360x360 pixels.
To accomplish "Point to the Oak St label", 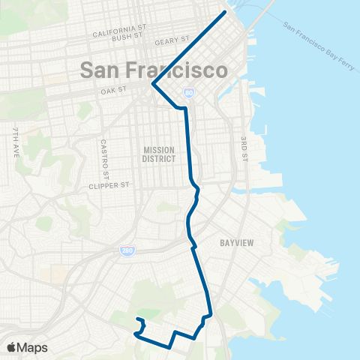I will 112,92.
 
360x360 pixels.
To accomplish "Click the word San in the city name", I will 102,71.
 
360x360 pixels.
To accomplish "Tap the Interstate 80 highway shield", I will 189,94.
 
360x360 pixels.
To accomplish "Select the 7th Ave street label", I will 15,139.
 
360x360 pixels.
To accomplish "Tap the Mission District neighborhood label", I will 159,154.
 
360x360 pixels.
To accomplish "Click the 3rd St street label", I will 244,148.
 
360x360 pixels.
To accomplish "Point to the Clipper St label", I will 109,185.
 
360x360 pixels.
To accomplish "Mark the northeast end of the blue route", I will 224,13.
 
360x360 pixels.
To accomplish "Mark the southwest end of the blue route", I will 136,320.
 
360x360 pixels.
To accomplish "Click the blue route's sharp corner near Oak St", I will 153,84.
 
